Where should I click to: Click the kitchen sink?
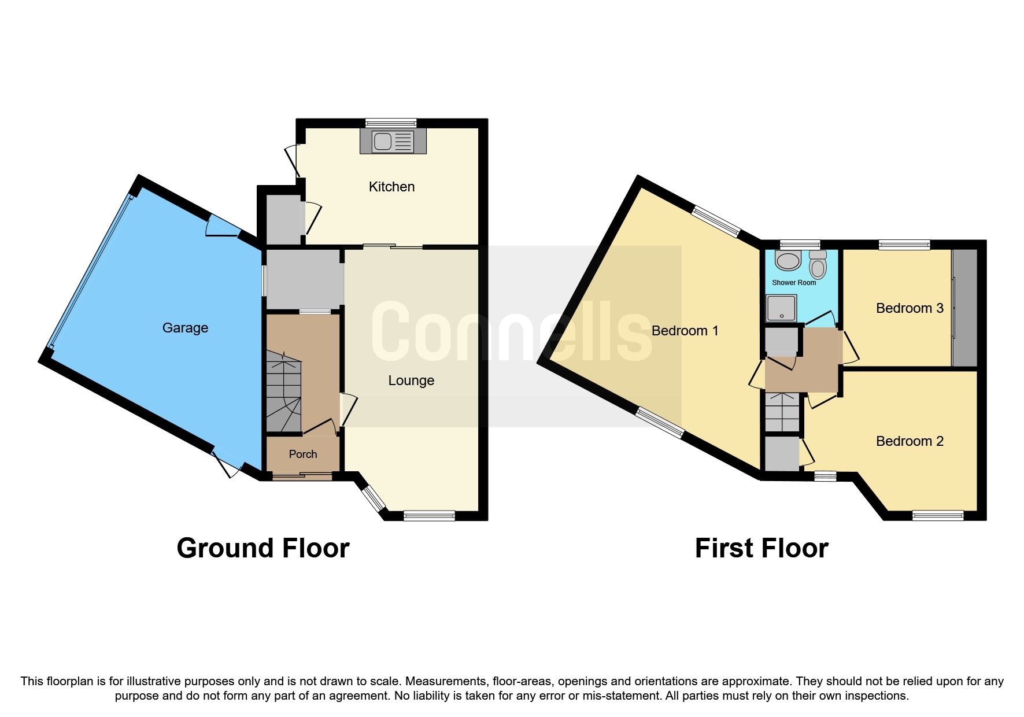tap(393, 141)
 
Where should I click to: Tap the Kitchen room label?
tap(391, 187)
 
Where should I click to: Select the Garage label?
tap(185, 328)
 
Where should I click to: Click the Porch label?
tap(303, 454)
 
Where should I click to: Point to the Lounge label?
tap(411, 380)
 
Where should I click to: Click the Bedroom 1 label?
tap(685, 331)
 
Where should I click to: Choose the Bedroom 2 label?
tap(910, 441)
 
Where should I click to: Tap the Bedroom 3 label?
tap(910, 308)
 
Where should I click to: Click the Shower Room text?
tap(794, 283)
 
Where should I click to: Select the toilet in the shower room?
tap(818, 267)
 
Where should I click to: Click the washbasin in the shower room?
tap(788, 261)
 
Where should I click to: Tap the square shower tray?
tap(781, 308)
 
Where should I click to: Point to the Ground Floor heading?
tap(263, 548)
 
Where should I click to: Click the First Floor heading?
tap(761, 548)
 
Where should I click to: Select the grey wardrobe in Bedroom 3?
tap(964, 308)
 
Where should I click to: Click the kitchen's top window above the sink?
tap(391, 123)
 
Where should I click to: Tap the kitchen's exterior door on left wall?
tap(293, 160)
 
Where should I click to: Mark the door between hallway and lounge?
tap(347, 410)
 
